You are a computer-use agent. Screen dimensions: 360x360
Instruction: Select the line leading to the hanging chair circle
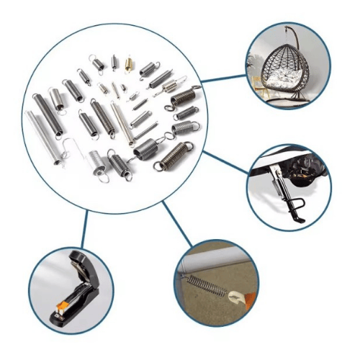pos(223,78)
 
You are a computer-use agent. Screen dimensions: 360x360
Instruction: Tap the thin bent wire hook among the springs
pos(68,151)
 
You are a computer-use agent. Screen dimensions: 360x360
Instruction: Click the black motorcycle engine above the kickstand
pos(310,170)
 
